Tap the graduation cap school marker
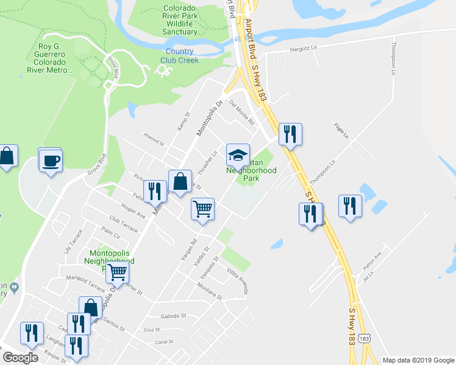[x=238, y=155]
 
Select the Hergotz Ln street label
[x=305, y=49]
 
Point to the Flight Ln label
[x=341, y=130]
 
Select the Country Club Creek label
[x=179, y=56]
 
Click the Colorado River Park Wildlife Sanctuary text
[x=179, y=20]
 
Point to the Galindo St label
[x=173, y=316]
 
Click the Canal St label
[x=165, y=342]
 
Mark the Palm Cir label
[x=111, y=234]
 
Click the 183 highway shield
[x=364, y=338]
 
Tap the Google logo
[x=21, y=358]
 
